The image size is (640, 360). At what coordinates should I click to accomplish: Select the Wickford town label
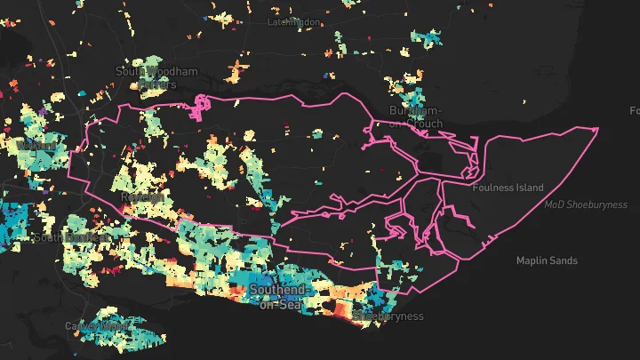point(36,145)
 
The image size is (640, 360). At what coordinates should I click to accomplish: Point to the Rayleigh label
point(141,196)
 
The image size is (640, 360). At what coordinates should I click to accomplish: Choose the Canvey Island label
point(96,326)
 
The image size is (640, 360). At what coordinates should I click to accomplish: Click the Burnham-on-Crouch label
point(415,116)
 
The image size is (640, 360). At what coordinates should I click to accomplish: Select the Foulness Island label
point(508,188)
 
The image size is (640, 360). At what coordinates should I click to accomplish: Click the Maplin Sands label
point(547,261)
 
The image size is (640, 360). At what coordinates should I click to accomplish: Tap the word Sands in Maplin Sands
point(564,261)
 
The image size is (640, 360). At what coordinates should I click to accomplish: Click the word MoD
point(554,205)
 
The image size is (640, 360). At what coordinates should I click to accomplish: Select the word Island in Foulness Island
point(527,188)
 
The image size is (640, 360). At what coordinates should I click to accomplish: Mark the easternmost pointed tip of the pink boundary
point(598,128)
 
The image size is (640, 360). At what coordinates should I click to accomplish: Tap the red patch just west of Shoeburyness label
point(341,308)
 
